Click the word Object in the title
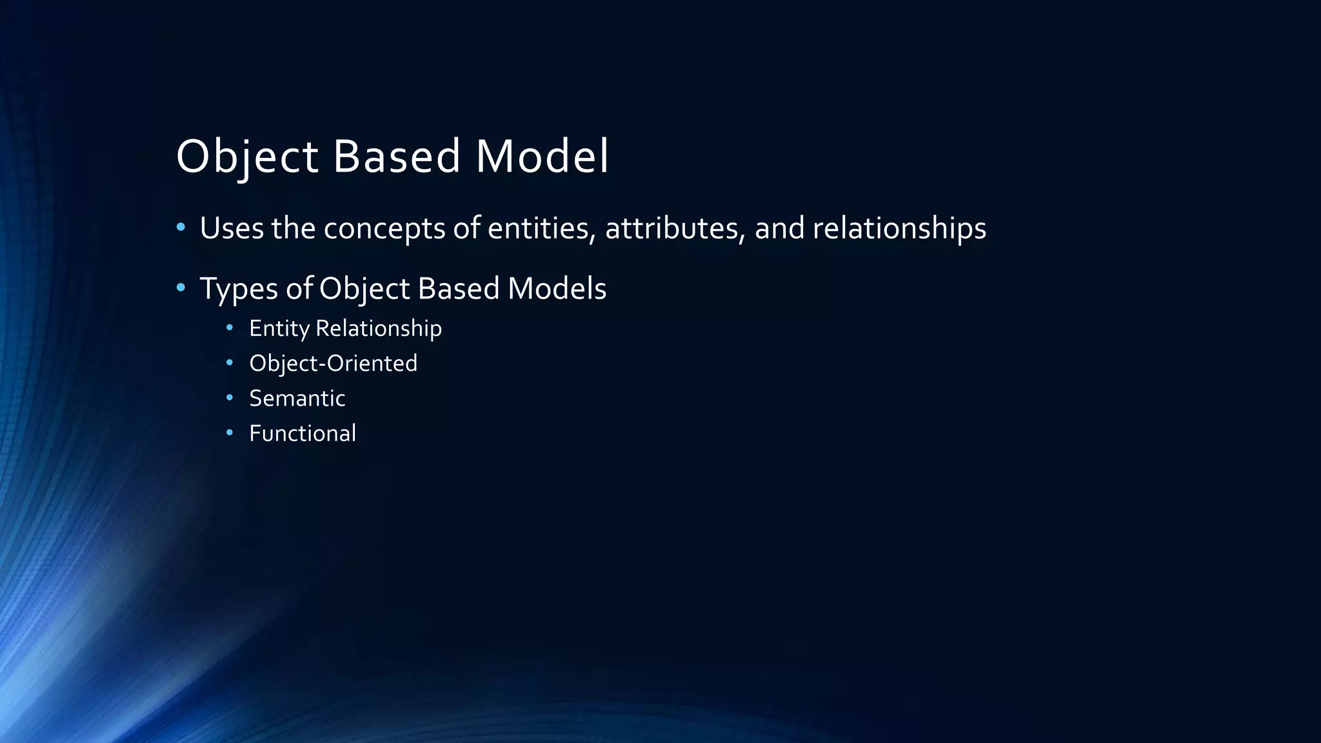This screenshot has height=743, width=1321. click(247, 157)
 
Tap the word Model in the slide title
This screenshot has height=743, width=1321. click(542, 157)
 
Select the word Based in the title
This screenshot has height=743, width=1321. click(396, 157)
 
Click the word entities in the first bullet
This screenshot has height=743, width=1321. click(541, 228)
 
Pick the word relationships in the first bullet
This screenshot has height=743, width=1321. click(899, 228)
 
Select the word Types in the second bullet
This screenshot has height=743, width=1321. click(239, 289)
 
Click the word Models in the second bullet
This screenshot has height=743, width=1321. click(557, 288)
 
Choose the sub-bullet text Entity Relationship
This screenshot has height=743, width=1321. click(345, 329)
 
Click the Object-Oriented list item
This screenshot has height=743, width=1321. click(333, 364)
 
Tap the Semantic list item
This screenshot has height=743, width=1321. click(297, 399)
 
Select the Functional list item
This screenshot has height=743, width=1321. click(302, 433)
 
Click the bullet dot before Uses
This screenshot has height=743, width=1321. click(181, 227)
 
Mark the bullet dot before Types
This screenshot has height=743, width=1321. click(181, 287)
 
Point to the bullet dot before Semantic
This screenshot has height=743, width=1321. click(230, 398)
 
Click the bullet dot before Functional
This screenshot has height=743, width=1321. click(230, 433)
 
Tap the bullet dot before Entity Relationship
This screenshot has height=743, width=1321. click(230, 328)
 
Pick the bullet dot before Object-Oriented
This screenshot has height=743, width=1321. click(230, 363)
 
